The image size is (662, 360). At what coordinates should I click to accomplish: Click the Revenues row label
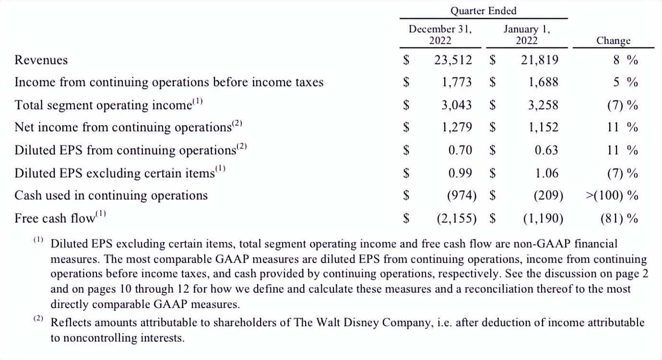tap(41, 60)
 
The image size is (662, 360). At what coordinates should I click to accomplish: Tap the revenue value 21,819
tap(539, 60)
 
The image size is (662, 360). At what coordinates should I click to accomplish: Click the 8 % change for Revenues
tap(626, 60)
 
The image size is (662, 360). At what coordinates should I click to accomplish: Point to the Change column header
tap(613, 40)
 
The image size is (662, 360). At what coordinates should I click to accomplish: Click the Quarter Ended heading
tap(483, 11)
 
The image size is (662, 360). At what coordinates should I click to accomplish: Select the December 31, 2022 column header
tap(440, 35)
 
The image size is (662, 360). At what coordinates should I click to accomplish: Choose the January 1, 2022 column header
tap(526, 35)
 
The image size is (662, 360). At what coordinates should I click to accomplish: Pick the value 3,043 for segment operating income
tap(456, 105)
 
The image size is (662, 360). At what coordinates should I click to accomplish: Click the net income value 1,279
tap(456, 127)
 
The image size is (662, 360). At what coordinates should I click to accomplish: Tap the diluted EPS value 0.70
tap(460, 150)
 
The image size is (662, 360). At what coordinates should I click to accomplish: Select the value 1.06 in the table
tap(546, 173)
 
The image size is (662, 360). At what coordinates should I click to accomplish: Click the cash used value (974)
tap(461, 195)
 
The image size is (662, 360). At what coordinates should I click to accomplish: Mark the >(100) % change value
tap(612, 195)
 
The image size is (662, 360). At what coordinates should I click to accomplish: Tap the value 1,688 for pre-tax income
tap(543, 83)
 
